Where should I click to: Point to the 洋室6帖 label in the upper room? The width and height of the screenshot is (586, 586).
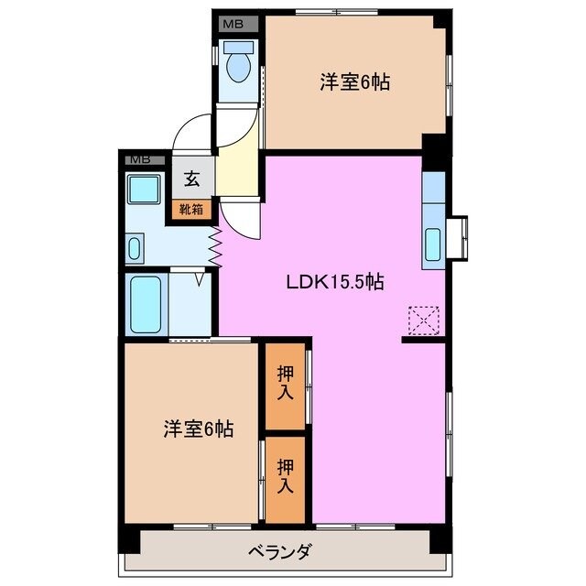354,82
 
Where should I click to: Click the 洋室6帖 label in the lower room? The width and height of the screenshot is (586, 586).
199,428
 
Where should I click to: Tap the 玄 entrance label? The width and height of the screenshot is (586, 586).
191,179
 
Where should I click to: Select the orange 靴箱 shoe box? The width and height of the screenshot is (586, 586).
191,210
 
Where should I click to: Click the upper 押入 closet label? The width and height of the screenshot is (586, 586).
286,384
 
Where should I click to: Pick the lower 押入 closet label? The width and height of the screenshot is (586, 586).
286,477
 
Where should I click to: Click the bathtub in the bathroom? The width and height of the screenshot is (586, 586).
146,305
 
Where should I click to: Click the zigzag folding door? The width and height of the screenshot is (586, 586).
216,244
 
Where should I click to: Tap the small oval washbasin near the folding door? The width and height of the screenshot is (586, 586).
135,248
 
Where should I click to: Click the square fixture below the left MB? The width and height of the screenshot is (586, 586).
144,190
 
